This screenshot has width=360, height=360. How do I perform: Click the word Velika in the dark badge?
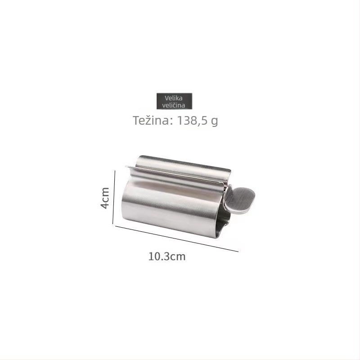(174, 98)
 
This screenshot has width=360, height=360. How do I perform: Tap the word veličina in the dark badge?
(174, 105)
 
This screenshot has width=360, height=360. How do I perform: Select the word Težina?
(151, 120)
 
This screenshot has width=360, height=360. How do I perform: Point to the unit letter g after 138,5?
(214, 121)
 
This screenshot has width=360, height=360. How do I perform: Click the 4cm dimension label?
(105, 198)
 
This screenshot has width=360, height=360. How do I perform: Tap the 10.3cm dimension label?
(167, 256)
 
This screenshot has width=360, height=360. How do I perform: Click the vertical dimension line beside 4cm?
(114, 197)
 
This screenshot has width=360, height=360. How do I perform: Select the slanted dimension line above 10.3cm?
(176, 239)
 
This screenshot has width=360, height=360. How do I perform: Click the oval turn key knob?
(240, 200)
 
